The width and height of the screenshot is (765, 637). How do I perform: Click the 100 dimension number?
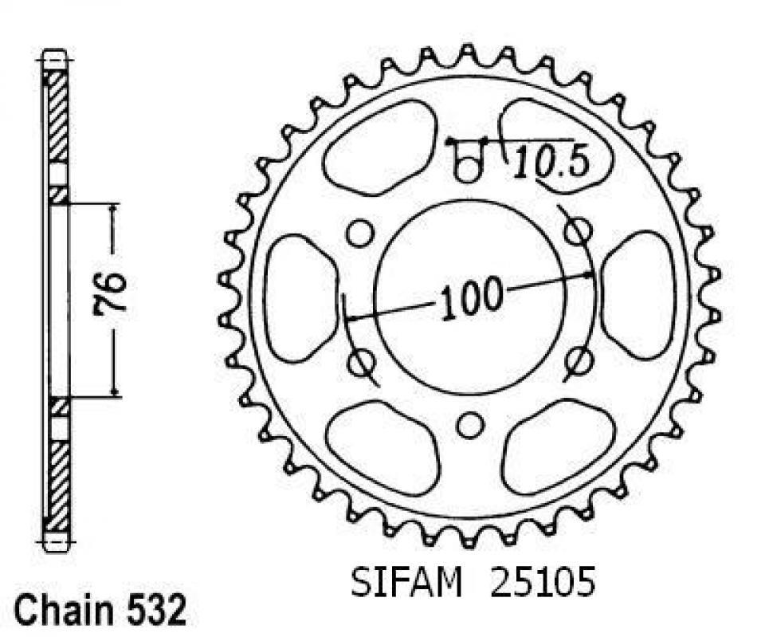pos(471,298)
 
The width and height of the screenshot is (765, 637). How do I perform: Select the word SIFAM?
pos(406,582)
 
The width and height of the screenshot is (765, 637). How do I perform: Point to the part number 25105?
pos(543,582)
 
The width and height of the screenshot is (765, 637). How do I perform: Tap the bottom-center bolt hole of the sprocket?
pos(469,424)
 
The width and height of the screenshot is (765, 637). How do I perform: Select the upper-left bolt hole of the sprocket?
pos(359,233)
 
